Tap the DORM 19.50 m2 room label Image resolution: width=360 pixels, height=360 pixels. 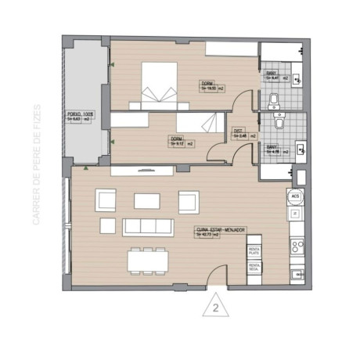[x=208, y=86]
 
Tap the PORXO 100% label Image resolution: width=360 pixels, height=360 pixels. [x=79, y=117]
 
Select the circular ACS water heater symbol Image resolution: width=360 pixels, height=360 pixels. [x=295, y=197]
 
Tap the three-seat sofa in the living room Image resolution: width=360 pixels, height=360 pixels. [x=147, y=226]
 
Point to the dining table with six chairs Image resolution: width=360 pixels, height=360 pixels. [x=147, y=258]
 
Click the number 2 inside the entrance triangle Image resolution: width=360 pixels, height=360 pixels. [x=214, y=307]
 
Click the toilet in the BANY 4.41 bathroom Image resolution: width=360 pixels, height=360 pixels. [x=273, y=98]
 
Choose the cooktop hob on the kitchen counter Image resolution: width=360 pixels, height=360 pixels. [x=297, y=247]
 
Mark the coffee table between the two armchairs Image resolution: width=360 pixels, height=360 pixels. [x=147, y=201]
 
